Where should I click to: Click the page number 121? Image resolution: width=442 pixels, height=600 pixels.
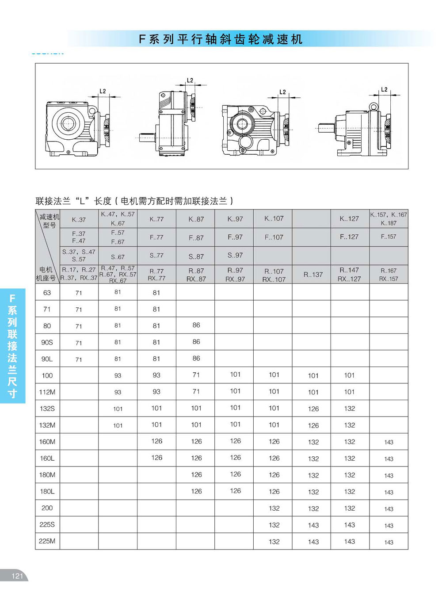pyautogui.click(x=17, y=576)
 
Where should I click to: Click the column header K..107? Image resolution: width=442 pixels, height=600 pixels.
pyautogui.click(x=274, y=218)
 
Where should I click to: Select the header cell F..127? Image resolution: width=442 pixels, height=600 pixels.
pyautogui.click(x=350, y=237)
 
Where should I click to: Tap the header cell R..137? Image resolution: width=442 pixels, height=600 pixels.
pyautogui.click(x=313, y=275)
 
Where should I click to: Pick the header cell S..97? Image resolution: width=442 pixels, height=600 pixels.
pyautogui.click(x=235, y=255)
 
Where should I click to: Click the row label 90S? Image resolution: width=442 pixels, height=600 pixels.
pyautogui.click(x=47, y=342)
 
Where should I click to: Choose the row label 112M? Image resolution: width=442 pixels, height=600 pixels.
pyautogui.click(x=47, y=392)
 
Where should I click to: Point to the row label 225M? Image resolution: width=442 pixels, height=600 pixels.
pyautogui.click(x=47, y=541)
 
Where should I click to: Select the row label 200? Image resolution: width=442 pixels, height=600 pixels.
pyautogui.click(x=47, y=508)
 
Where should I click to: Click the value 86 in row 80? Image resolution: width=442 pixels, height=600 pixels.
pyautogui.click(x=196, y=325)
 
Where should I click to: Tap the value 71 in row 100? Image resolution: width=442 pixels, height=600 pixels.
pyautogui.click(x=196, y=375)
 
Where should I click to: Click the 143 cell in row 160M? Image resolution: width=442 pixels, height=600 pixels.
pyautogui.click(x=389, y=442)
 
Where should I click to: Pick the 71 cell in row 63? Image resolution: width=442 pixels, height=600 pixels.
pyautogui.click(x=79, y=293)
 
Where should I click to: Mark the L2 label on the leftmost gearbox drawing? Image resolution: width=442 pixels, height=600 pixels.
pyautogui.click(x=103, y=91)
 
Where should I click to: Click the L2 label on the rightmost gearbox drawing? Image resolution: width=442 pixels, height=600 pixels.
pyautogui.click(x=384, y=90)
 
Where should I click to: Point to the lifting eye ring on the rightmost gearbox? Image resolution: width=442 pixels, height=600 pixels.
pyautogui.click(x=374, y=107)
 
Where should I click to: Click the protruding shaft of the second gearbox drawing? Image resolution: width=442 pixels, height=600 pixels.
pyautogui.click(x=147, y=138)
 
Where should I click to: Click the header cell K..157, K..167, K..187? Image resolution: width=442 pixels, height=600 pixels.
pyautogui.click(x=389, y=219)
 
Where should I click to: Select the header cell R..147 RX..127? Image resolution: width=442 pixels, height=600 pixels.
pyautogui.click(x=350, y=275)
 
